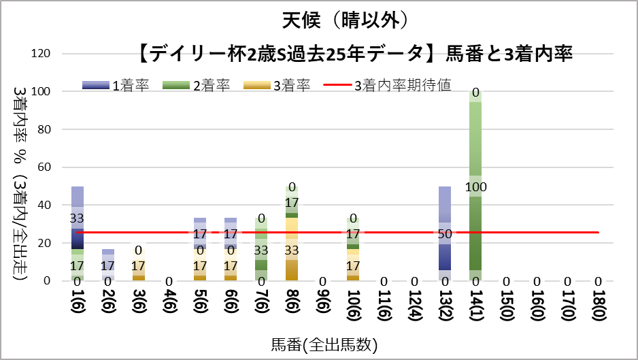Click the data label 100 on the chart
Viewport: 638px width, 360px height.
(x=476, y=186)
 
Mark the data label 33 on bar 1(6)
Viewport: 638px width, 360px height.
(x=78, y=218)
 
